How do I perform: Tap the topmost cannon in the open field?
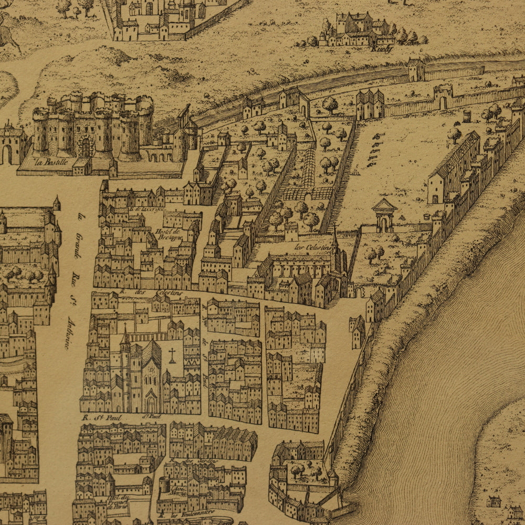click(377, 136)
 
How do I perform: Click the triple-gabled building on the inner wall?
click(370, 104)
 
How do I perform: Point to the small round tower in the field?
click(467, 116)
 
